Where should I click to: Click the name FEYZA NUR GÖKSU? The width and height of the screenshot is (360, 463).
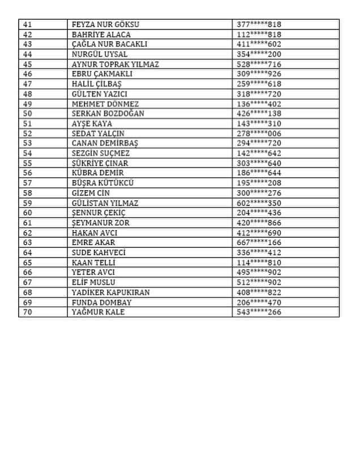tap(105, 24)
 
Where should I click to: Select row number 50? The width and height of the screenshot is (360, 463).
tap(28, 114)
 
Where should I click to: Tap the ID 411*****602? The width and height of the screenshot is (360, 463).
tap(259, 44)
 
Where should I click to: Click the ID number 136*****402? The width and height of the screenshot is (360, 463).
tap(259, 104)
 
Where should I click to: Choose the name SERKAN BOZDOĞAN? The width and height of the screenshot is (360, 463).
tap(108, 114)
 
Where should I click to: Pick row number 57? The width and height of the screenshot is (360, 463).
tap(28, 183)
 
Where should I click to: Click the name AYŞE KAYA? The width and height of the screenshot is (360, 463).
tap(92, 123)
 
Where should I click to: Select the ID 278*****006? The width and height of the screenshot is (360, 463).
tap(259, 134)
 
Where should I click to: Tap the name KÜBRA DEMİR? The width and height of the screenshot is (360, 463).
tap(97, 173)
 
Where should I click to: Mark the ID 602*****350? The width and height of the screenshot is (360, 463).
tap(259, 203)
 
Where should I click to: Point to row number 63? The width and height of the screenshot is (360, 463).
tap(28, 242)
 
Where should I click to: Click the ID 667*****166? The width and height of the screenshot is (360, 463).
tap(259, 242)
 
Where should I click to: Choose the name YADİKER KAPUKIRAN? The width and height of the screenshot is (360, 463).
tap(110, 292)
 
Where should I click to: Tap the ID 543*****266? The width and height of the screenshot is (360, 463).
tap(259, 312)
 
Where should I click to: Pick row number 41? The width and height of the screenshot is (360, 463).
tap(28, 24)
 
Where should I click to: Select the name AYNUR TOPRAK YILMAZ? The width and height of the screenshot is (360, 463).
tap(115, 64)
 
